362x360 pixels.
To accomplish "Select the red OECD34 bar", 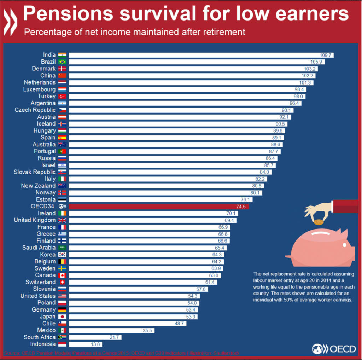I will point(159,207).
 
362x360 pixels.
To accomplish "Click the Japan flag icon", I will point(62,317).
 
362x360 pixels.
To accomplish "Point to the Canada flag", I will point(62,275).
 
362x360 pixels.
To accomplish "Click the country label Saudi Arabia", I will point(39,248).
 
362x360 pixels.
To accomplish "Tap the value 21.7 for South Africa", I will point(114,337).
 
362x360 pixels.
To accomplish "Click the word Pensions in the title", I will point(68,14).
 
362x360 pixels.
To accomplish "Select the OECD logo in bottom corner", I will point(334,349).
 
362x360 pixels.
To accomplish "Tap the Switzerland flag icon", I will point(62,282).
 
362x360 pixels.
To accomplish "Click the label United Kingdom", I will point(35,220).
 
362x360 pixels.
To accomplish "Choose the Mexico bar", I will point(111,330).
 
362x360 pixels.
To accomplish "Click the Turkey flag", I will point(62,96).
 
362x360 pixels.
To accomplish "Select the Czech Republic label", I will point(35,110).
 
